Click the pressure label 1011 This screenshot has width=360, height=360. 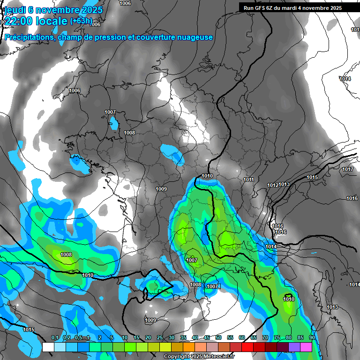[x=248, y=180]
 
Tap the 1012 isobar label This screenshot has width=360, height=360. [x=273, y=185]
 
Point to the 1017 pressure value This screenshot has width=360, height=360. [x=347, y=169]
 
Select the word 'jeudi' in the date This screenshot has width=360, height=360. [x=15, y=10]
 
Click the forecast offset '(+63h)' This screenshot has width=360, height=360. [x=81, y=21]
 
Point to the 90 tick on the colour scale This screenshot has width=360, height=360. [x=312, y=337]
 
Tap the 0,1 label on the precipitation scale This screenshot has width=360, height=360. [x=54, y=337]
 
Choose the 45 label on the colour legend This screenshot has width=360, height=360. [x=207, y=337]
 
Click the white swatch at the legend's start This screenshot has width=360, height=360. [x=48, y=347]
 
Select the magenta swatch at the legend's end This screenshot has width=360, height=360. [x=306, y=347]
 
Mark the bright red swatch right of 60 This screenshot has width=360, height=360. [x=247, y=347]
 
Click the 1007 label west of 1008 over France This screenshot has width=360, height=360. [x=110, y=112]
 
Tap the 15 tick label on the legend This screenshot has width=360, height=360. [x=136, y=337]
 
